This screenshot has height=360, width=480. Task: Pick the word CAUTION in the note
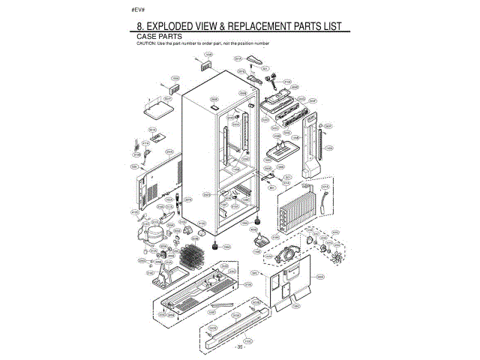145,43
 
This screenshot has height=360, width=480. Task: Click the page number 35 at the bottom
239,347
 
